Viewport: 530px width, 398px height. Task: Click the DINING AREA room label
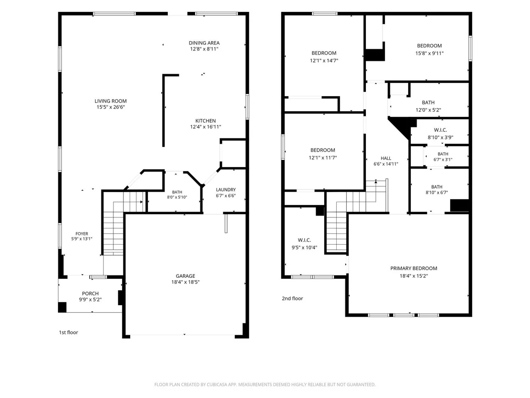[x=204, y=43]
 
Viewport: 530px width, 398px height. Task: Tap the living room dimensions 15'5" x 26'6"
[x=110, y=107]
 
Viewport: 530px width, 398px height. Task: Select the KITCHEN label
[x=206, y=121]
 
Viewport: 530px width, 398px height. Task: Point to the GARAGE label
[x=185, y=276]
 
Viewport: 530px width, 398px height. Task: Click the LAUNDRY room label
[x=226, y=190]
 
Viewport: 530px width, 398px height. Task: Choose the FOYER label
[x=82, y=234]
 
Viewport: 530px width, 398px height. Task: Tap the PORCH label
[x=90, y=294]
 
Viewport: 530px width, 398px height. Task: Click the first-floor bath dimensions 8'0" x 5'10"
[x=177, y=197]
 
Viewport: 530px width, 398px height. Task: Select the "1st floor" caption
[x=68, y=332]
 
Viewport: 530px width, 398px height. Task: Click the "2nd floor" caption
[x=292, y=298]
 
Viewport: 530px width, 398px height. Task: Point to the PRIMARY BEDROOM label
[x=414, y=268]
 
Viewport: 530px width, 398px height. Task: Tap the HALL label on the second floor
[x=386, y=158]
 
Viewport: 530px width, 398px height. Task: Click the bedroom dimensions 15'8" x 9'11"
[x=429, y=53]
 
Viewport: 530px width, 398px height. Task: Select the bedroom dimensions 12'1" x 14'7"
[x=324, y=60]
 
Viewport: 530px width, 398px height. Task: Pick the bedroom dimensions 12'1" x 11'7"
[x=323, y=158]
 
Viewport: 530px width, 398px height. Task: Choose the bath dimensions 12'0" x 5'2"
[x=428, y=110]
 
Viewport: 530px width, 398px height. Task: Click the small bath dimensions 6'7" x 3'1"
[x=443, y=160]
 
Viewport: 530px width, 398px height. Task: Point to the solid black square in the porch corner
[x=63, y=307]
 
